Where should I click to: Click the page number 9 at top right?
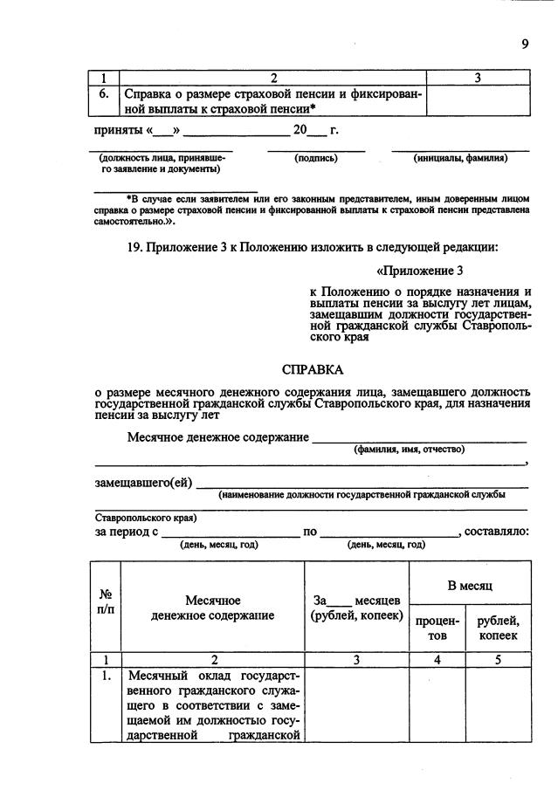click(525, 45)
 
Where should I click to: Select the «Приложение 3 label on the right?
click(419, 271)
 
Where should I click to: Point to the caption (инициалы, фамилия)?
click(461, 158)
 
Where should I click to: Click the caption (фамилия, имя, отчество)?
click(410, 450)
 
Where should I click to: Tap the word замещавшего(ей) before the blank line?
click(143, 482)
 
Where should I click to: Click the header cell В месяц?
click(471, 585)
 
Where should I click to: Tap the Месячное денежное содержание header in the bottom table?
click(212, 608)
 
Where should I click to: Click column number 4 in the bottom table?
click(437, 660)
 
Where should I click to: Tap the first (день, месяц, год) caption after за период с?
click(218, 544)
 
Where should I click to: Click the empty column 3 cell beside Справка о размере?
click(477, 101)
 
